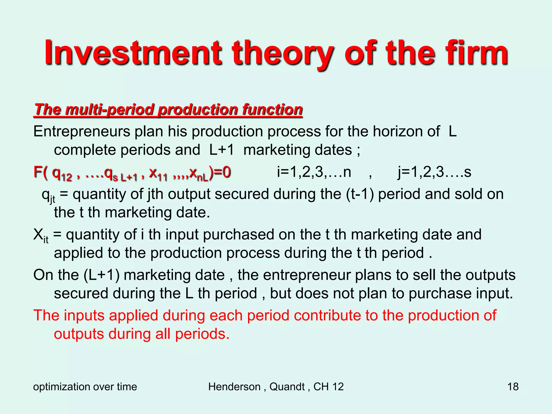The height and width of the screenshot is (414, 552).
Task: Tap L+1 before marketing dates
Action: tap(222, 150)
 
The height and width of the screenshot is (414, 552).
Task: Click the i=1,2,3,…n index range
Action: tap(314, 172)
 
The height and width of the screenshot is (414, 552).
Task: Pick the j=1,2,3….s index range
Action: tap(434, 172)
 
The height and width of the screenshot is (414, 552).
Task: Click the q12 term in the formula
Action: tap(62, 173)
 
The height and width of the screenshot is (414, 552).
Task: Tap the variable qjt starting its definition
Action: tap(49, 195)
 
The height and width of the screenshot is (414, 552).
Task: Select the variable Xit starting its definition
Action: tap(41, 235)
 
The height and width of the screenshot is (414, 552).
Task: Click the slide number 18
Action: tap(513, 387)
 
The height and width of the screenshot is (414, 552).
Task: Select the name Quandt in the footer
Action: tap(287, 387)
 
